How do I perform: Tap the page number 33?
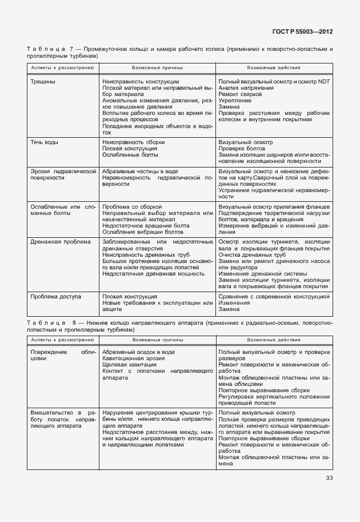click(329, 478)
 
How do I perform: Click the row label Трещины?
click(43, 82)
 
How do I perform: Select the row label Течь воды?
click(45, 142)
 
